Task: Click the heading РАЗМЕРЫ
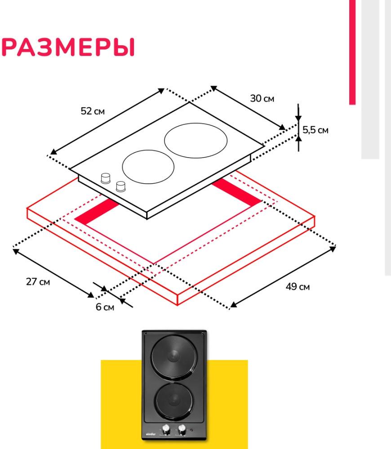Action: click(68, 47)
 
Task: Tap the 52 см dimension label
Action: click(93, 111)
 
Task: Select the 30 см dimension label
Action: click(262, 99)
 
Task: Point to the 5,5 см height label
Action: click(315, 130)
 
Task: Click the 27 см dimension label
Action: click(38, 282)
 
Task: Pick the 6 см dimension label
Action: click(105, 307)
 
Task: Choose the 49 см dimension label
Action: click(298, 286)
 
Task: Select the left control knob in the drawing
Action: click(106, 178)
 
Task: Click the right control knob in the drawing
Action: click(121, 185)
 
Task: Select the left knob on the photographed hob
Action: click(166, 430)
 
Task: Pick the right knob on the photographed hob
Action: click(182, 430)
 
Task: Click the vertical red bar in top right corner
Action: click(352, 52)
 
